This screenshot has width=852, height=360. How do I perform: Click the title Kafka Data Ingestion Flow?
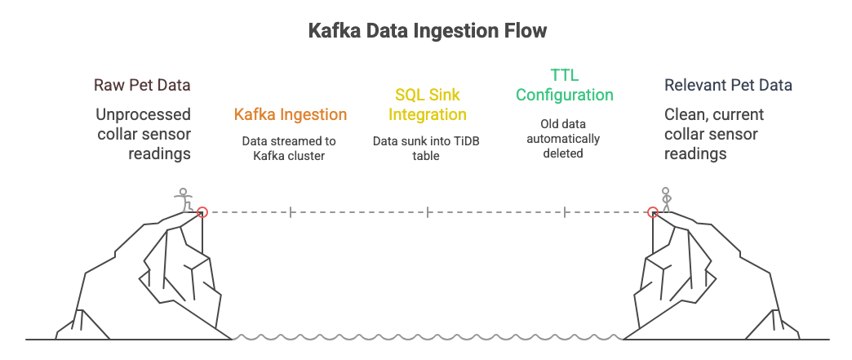click(427, 31)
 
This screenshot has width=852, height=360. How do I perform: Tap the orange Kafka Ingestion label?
click(291, 115)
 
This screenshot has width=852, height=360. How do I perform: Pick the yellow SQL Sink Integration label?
click(427, 105)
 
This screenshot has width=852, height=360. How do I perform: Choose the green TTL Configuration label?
click(564, 86)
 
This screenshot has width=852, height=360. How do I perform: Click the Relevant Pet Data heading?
click(728, 85)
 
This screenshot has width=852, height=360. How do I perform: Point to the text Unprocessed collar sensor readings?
click(144, 134)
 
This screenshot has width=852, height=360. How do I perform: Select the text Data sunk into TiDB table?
click(427, 148)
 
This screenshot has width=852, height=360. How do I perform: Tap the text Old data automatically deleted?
click(563, 139)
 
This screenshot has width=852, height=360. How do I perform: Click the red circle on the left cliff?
click(203, 212)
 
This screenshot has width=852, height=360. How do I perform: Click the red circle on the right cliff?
click(652, 212)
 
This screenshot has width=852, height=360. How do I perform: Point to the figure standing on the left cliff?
click(184, 200)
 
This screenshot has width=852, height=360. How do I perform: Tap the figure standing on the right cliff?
click(667, 200)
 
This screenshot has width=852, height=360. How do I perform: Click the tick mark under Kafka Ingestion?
click(291, 212)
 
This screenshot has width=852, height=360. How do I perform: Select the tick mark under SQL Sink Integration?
click(428, 212)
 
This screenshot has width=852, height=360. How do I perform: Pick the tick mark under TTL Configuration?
click(564, 212)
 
